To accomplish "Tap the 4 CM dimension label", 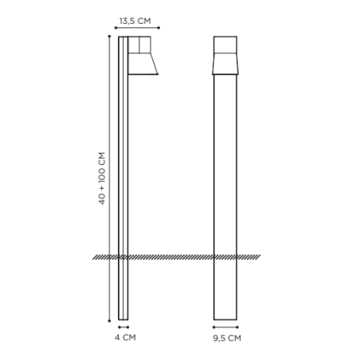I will pos(123,338).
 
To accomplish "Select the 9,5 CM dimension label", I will pos(227,338).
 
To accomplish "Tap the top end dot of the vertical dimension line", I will pos(108,37).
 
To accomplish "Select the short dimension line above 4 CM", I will pos(123,327).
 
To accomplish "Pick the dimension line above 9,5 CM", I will pos(227,327).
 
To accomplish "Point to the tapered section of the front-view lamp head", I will pos(227,64).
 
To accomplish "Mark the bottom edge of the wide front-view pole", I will pos(227,319).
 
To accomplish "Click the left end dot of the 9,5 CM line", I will pos(213,327).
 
